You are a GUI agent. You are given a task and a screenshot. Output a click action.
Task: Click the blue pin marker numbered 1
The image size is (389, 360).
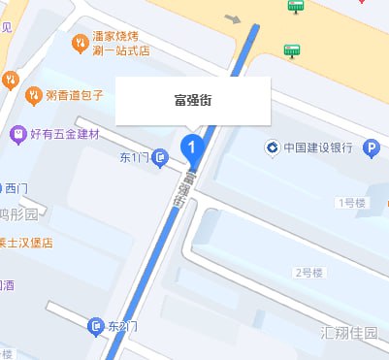click(x=192, y=148)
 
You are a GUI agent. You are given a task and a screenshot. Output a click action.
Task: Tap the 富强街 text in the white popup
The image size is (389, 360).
click(x=192, y=99)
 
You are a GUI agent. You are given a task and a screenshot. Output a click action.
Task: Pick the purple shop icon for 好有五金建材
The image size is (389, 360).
click(x=16, y=132)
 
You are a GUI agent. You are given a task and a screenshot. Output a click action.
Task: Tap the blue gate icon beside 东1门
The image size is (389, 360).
click(x=158, y=157)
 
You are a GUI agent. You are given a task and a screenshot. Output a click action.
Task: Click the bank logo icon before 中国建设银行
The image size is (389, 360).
click(x=273, y=148)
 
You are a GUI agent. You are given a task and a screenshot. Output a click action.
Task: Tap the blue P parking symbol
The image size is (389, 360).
click(x=371, y=148)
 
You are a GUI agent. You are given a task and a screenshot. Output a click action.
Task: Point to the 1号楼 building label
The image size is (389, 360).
click(x=350, y=203)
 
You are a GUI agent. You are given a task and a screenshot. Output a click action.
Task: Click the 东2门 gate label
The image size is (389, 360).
click(x=121, y=327)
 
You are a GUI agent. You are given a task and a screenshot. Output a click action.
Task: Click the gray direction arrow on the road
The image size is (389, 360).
click(x=232, y=17)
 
